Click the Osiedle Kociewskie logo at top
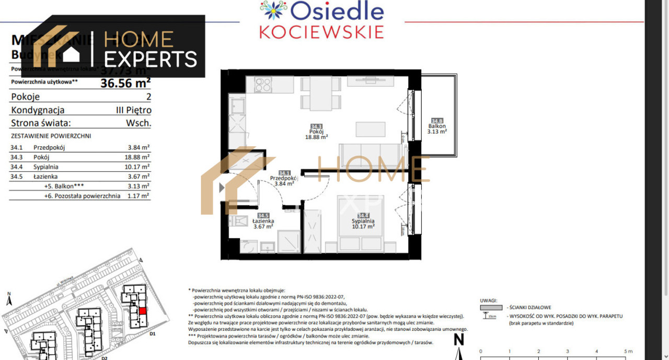pyautogui.click(x=321, y=20)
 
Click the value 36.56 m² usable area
pyautogui.click(x=125, y=82)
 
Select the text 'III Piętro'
pyautogui.click(x=133, y=110)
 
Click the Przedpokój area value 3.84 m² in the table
pyautogui.click(x=139, y=148)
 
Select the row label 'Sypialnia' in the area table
pyautogui.click(x=46, y=167)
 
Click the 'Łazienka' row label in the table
pyautogui.click(x=45, y=177)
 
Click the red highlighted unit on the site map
pyautogui.click(x=142, y=310)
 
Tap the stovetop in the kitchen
pyautogui.click(x=262, y=84)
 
